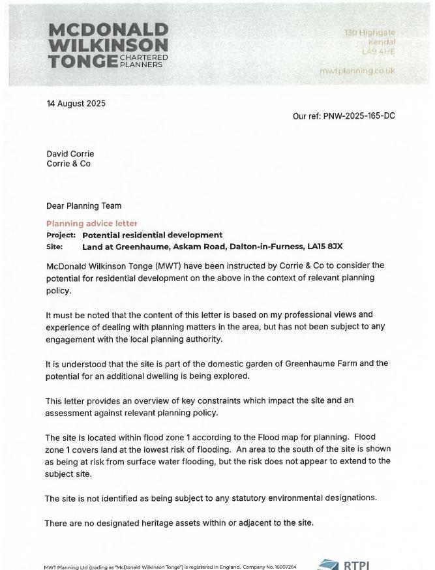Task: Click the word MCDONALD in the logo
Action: click(108, 30)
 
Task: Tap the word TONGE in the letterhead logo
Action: click(82, 62)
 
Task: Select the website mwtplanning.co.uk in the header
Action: click(357, 70)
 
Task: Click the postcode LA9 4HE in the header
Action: click(379, 52)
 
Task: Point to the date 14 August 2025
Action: click(76, 104)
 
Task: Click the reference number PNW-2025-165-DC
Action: click(359, 116)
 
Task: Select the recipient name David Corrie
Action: click(70, 154)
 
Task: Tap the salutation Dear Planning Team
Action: click(83, 206)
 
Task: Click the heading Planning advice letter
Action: click(91, 224)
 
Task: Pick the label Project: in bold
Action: click(61, 235)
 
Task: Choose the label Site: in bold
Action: click(55, 247)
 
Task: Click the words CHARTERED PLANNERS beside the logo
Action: click(143, 61)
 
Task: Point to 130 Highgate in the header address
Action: click(369, 33)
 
